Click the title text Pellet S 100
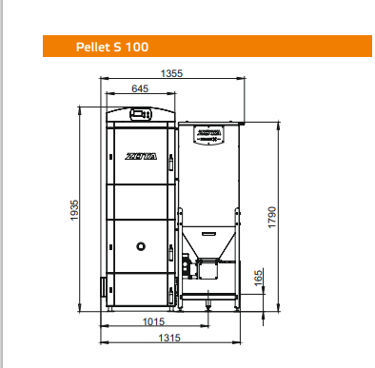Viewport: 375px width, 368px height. pyautogui.click(x=112, y=47)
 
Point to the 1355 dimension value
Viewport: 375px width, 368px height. pyautogui.click(x=171, y=73)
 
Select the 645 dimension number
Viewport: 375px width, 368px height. pyautogui.click(x=140, y=88)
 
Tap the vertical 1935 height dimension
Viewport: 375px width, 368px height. pyautogui.click(x=74, y=210)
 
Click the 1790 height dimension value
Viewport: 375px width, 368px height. pyautogui.click(x=272, y=217)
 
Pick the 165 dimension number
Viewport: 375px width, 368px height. pyautogui.click(x=259, y=278)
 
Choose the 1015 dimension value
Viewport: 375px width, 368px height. pyautogui.click(x=153, y=321)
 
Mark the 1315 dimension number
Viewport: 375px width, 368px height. pyautogui.click(x=169, y=338)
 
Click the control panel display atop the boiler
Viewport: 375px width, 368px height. pyautogui.click(x=141, y=114)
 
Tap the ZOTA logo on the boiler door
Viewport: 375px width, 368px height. pyautogui.click(x=141, y=156)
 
